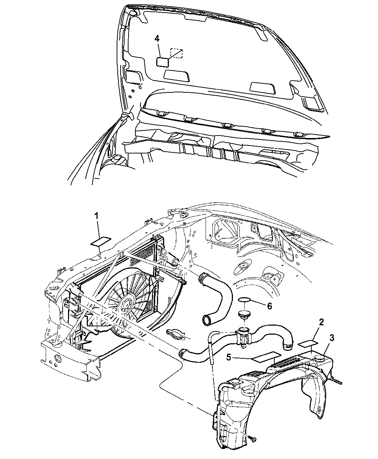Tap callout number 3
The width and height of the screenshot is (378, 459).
tap(332, 338)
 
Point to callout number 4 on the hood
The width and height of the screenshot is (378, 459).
tap(157, 38)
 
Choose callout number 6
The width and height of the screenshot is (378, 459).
tap(269, 306)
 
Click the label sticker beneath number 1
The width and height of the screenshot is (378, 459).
tap(101, 241)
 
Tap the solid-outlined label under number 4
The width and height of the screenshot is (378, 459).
tap(162, 61)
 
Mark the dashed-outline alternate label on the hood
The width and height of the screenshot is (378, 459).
tap(177, 53)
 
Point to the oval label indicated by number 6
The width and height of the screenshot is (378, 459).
tap(245, 300)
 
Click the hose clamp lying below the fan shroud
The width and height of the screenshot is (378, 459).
tap(177, 334)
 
